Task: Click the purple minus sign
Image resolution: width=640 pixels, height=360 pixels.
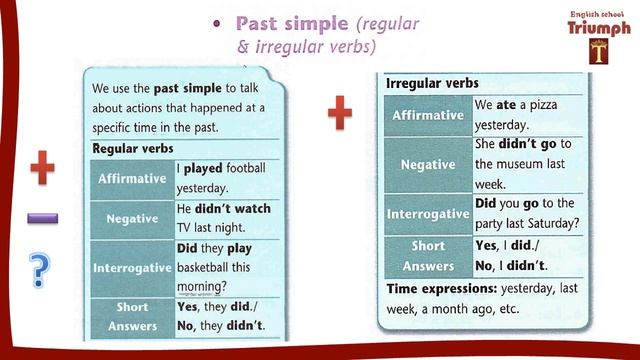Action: (42, 218)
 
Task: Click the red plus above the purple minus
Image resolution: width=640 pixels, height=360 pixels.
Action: (42, 169)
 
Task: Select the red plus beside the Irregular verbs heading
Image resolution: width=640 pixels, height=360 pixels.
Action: (340, 114)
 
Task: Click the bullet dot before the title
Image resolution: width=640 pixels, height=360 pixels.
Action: (217, 24)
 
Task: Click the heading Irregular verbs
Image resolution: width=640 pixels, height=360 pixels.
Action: (431, 84)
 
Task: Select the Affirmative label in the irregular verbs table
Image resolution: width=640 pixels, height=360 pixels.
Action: (427, 115)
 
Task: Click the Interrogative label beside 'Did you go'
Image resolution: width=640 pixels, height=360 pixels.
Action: (427, 214)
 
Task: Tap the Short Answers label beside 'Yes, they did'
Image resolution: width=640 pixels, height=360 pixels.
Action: (132, 316)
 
